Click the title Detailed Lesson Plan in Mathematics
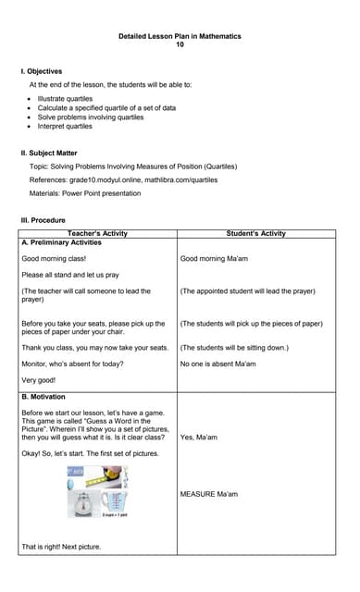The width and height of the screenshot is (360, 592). (180, 36)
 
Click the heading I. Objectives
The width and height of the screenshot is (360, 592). (42, 71)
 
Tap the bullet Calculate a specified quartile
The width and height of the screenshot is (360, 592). (106, 108)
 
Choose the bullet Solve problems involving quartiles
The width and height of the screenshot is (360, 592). (91, 117)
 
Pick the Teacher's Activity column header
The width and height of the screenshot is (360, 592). (97, 233)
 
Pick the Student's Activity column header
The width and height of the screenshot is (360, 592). (255, 233)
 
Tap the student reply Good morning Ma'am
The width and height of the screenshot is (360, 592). (214, 258)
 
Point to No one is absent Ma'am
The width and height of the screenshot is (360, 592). (217, 364)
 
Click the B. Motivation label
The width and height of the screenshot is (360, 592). (45, 397)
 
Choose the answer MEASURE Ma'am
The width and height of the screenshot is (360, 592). (208, 494)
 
